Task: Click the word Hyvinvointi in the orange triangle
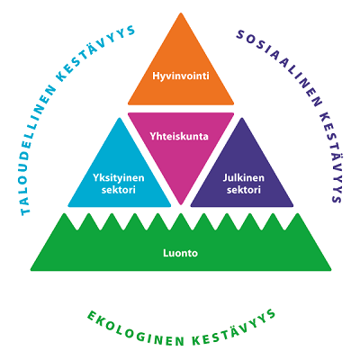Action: click(181, 76)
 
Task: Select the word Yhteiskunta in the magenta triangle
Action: click(179, 137)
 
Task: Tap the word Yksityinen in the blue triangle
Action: click(119, 178)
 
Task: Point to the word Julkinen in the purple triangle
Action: click(244, 177)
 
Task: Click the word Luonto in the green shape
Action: click(181, 253)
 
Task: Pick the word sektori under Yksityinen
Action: click(119, 190)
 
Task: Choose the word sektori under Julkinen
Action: click(244, 190)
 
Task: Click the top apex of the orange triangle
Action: click(181, 13)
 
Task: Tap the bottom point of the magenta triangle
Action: click(181, 204)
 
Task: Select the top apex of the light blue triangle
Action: click(120, 118)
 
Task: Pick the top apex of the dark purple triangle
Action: click(242, 118)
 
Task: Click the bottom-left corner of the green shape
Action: click(31, 270)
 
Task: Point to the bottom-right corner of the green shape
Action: click(330, 270)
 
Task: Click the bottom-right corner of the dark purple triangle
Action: click(292, 206)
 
